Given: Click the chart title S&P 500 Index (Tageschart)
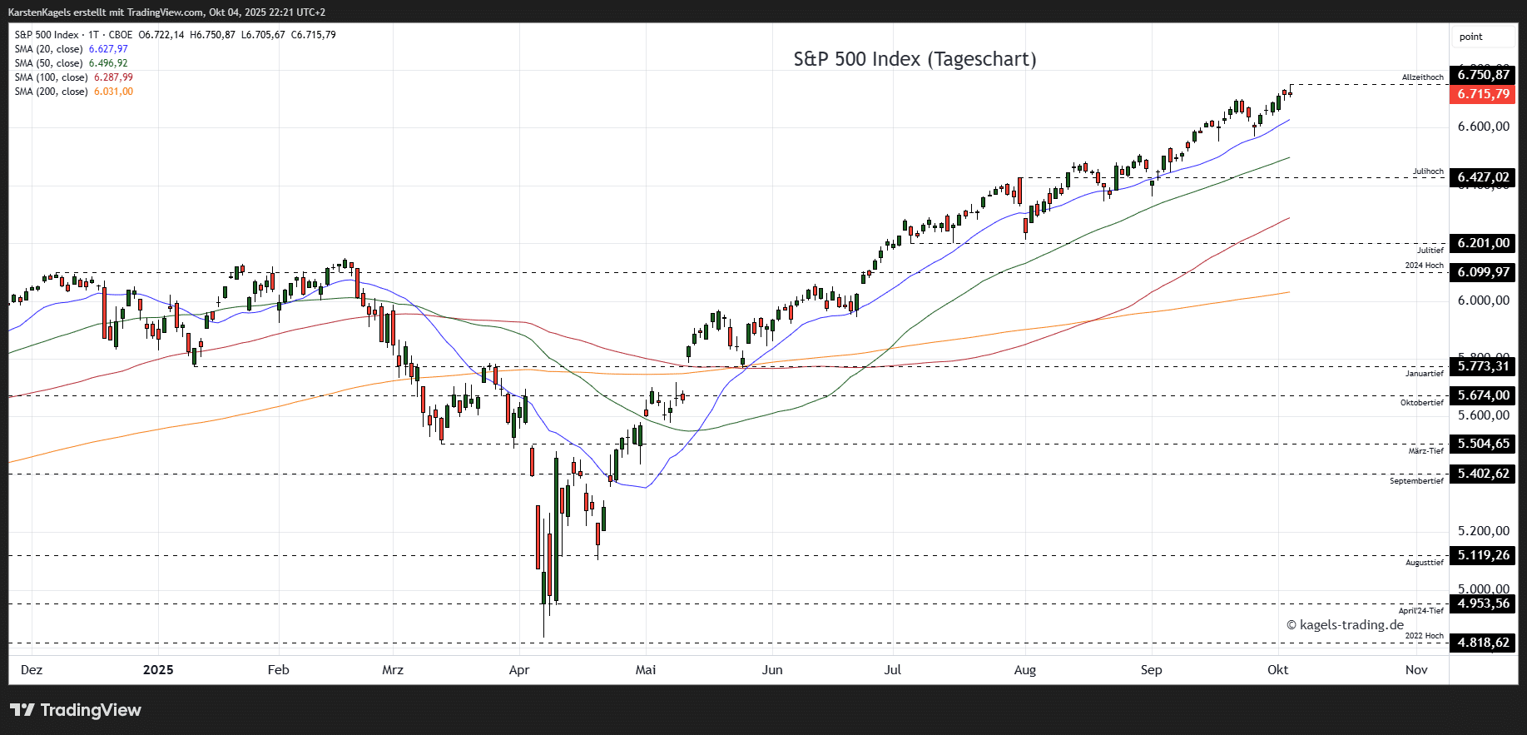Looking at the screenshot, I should click(x=915, y=59).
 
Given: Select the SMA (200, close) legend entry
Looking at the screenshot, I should click(x=73, y=92).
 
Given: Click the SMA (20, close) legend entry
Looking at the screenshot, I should click(x=71, y=49).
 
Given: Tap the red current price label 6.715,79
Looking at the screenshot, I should click(x=1483, y=94).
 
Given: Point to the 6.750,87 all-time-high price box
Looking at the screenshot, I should click(x=1483, y=75).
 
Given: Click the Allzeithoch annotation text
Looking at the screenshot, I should click(x=1422, y=77).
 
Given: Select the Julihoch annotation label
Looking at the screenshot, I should click(x=1428, y=171).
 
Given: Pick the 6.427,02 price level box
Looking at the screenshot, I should click(x=1483, y=177).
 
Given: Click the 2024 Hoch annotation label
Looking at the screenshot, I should click(x=1424, y=266).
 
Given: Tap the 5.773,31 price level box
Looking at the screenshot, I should click(x=1483, y=366).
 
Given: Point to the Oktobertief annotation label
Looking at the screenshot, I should click(x=1421, y=403).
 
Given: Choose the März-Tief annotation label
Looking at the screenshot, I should click(x=1425, y=451).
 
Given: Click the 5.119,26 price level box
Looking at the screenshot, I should click(x=1483, y=555).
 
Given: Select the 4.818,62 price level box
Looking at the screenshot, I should click(x=1483, y=643).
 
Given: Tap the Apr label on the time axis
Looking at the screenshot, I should click(x=519, y=670).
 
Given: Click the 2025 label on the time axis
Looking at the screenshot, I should click(x=158, y=670).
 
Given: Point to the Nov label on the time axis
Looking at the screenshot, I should click(x=1416, y=670).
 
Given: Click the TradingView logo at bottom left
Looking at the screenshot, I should click(x=76, y=710).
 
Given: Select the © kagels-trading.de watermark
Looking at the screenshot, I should click(x=1345, y=625).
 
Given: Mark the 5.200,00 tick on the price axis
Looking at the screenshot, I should click(x=1483, y=531).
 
